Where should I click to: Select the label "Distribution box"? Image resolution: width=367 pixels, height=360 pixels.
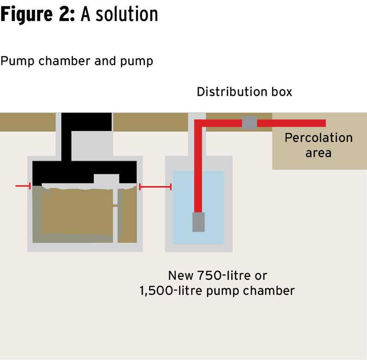244,92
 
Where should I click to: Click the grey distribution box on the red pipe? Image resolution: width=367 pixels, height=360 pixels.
249,123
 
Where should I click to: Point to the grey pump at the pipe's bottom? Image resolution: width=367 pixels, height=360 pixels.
198,222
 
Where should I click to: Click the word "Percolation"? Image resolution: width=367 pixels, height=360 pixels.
318,138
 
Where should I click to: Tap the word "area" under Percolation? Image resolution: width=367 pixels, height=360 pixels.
318,152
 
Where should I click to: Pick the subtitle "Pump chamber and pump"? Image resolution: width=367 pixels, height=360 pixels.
77,61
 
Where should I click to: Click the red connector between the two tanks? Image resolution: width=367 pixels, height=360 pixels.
155,187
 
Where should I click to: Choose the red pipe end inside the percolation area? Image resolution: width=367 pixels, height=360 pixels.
321,123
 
